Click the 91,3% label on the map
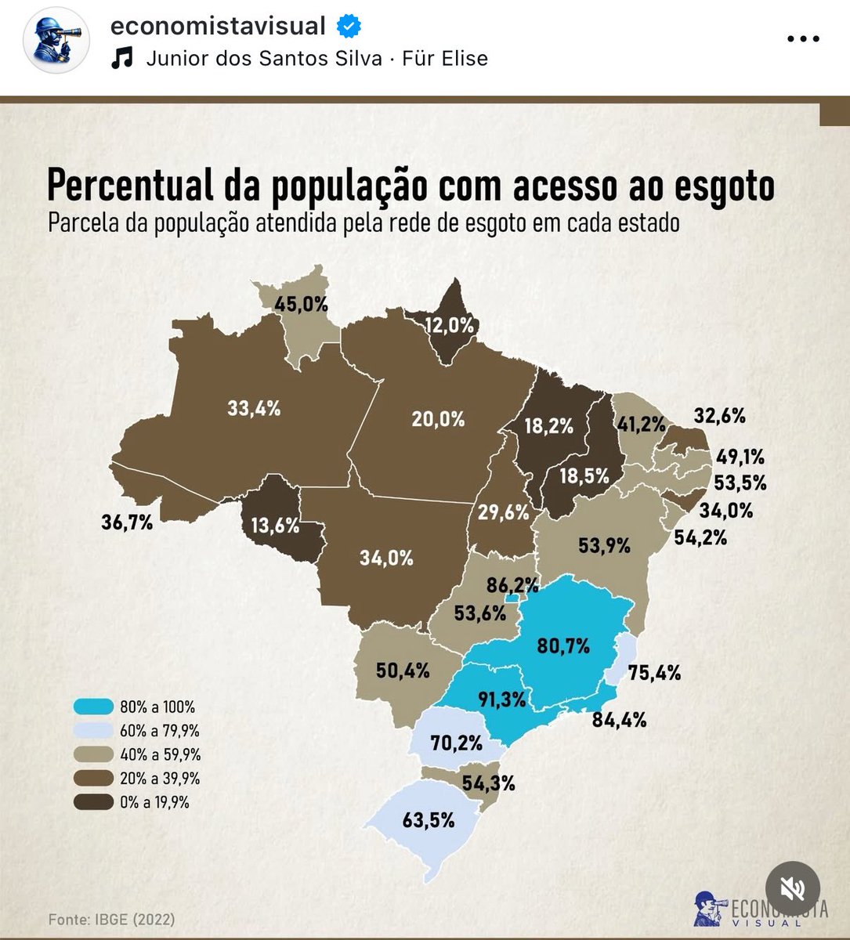502,699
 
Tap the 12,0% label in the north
450,325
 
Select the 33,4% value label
253,407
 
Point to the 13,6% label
275,526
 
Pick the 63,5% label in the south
429,821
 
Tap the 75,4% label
653,672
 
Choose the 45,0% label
301,304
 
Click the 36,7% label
127,522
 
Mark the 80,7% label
563,646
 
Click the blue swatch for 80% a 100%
93,707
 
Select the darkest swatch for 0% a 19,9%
93,802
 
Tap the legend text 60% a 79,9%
160,731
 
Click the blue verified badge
349,27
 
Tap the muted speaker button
793,888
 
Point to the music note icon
122,59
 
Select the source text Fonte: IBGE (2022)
111,919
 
